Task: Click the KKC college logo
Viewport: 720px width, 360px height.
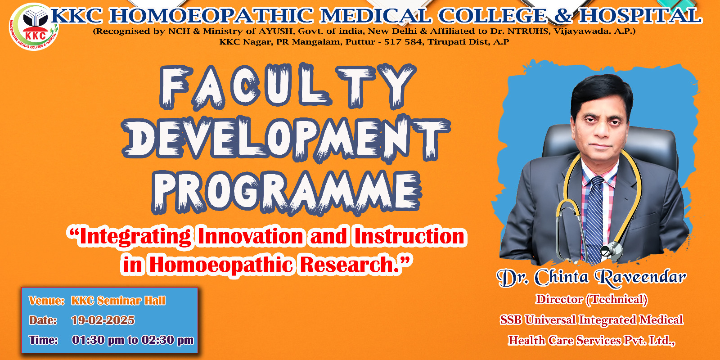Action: coord(34,27)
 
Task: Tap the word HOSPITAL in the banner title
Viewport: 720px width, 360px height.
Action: coord(640,16)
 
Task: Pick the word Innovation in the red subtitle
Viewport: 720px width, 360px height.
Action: coord(250,236)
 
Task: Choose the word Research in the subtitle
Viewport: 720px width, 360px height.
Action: coord(351,265)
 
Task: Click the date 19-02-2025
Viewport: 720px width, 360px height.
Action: coord(103,320)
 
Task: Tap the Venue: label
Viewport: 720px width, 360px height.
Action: coord(47,301)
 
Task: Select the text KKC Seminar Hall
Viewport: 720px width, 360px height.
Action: coord(118,301)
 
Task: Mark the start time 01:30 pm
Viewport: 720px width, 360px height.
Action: coord(98,340)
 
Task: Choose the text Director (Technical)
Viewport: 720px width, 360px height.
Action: coord(591,299)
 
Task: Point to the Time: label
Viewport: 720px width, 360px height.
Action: coord(43,340)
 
